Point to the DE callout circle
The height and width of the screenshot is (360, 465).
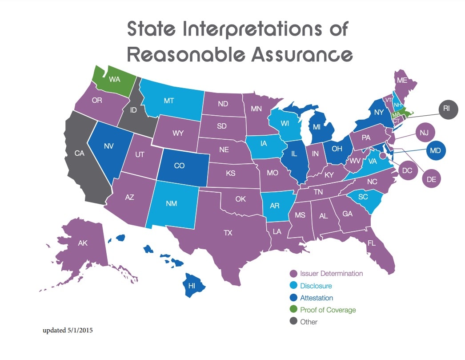pyautogui.click(x=431, y=179)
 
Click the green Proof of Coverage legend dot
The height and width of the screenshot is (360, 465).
pyautogui.click(x=293, y=310)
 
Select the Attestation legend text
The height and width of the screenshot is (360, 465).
pyautogui.click(x=316, y=298)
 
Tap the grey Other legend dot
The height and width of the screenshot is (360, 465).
pyautogui.click(x=293, y=321)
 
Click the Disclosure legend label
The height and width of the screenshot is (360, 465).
pyautogui.click(x=316, y=286)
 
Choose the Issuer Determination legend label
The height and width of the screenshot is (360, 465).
pyautogui.click(x=331, y=274)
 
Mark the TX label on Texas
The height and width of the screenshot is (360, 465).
pyautogui.click(x=228, y=232)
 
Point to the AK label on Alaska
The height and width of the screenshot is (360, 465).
pyautogui.click(x=83, y=243)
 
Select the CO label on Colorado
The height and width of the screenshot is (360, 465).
pyautogui.click(x=179, y=166)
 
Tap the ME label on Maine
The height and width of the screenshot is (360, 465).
pyautogui.click(x=402, y=81)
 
